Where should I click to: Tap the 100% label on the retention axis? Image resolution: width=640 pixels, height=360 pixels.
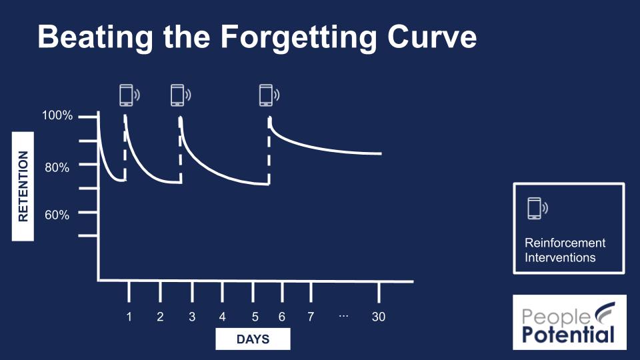tap(57, 116)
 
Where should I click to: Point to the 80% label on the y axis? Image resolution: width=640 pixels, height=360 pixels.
tap(57, 167)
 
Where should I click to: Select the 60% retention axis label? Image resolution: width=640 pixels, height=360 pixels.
tap(57, 215)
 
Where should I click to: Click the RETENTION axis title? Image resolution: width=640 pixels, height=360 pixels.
tap(23, 186)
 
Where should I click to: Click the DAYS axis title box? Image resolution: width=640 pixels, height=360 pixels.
tap(253, 339)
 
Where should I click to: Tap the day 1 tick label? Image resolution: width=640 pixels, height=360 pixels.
tap(129, 317)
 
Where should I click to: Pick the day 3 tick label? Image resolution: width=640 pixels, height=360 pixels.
tap(192, 317)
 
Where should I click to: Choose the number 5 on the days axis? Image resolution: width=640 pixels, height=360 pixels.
tap(255, 317)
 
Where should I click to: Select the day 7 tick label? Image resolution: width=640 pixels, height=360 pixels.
tap(310, 317)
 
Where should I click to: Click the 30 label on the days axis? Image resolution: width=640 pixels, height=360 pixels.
tap(379, 317)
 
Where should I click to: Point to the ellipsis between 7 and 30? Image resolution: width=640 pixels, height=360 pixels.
tap(343, 315)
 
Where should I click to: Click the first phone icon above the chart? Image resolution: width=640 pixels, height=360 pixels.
tap(126, 95)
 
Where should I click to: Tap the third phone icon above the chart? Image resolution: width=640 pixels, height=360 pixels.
tap(266, 95)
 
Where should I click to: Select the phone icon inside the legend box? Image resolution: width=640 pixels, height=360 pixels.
tap(535, 208)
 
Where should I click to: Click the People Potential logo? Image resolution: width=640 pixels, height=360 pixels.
tap(569, 322)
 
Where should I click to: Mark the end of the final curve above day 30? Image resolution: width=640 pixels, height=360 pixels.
tap(381, 153)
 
